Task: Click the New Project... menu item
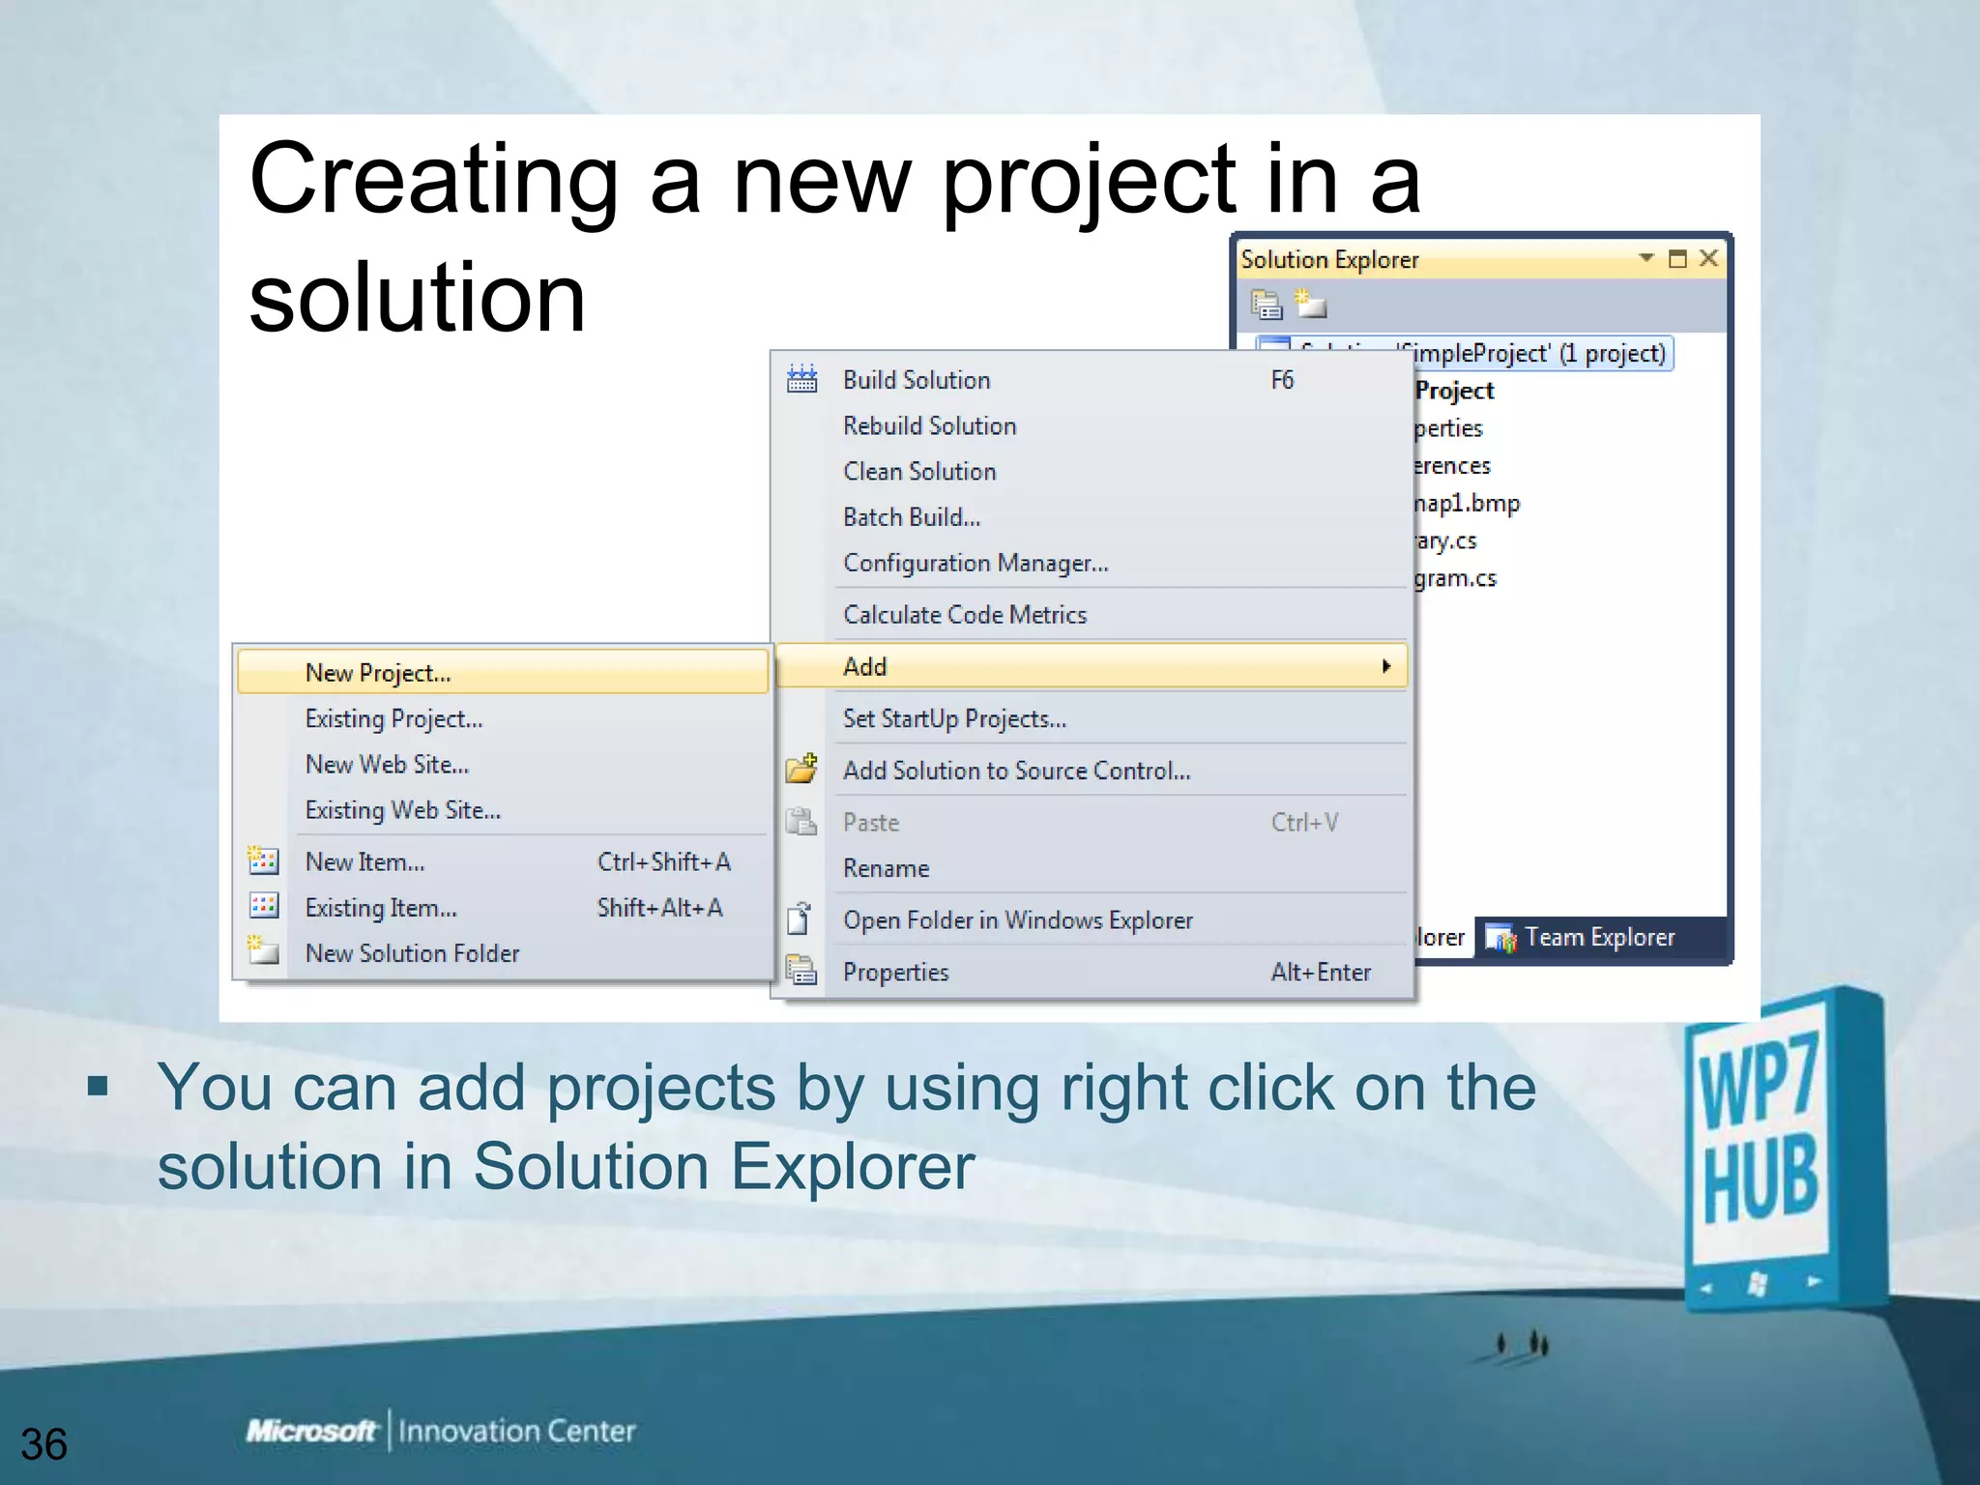(x=378, y=673)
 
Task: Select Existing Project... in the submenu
(x=393, y=718)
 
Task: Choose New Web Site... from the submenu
(x=387, y=765)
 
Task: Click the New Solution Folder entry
(x=412, y=953)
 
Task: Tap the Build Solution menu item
(x=917, y=380)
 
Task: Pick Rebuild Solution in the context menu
(x=929, y=425)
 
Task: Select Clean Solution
(x=919, y=471)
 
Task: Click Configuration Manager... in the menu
(x=975, y=563)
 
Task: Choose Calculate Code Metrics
(x=965, y=615)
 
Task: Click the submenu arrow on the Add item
(x=1386, y=666)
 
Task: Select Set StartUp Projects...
(x=954, y=718)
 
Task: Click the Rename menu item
(x=886, y=868)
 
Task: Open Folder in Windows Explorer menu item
(x=1018, y=920)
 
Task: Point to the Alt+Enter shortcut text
(x=1321, y=972)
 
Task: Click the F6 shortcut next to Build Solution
(x=1282, y=380)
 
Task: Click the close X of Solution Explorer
(x=1708, y=258)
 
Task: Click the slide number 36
(x=44, y=1443)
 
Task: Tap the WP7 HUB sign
(x=1775, y=1150)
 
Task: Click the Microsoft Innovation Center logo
(x=441, y=1431)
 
